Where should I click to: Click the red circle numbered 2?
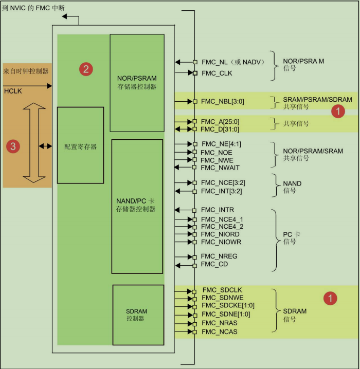[86, 68]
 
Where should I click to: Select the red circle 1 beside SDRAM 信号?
[329, 298]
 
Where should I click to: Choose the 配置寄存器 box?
[80, 145]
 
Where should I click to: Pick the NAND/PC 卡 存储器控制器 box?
[137, 206]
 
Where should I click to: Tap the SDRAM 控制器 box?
[138, 315]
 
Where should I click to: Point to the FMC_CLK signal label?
[217, 73]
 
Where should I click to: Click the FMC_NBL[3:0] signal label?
[222, 101]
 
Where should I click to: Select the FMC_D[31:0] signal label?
[220, 129]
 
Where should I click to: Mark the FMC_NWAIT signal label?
[220, 168]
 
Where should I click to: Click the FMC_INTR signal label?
[217, 210]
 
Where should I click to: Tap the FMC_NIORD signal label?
[220, 234]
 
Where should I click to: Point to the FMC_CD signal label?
[214, 264]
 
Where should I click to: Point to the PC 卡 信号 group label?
[292, 237]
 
